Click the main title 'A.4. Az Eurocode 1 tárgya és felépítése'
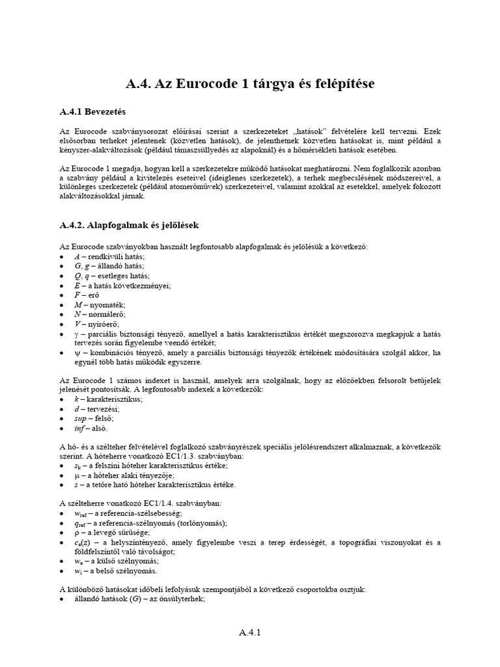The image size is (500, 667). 249,84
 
